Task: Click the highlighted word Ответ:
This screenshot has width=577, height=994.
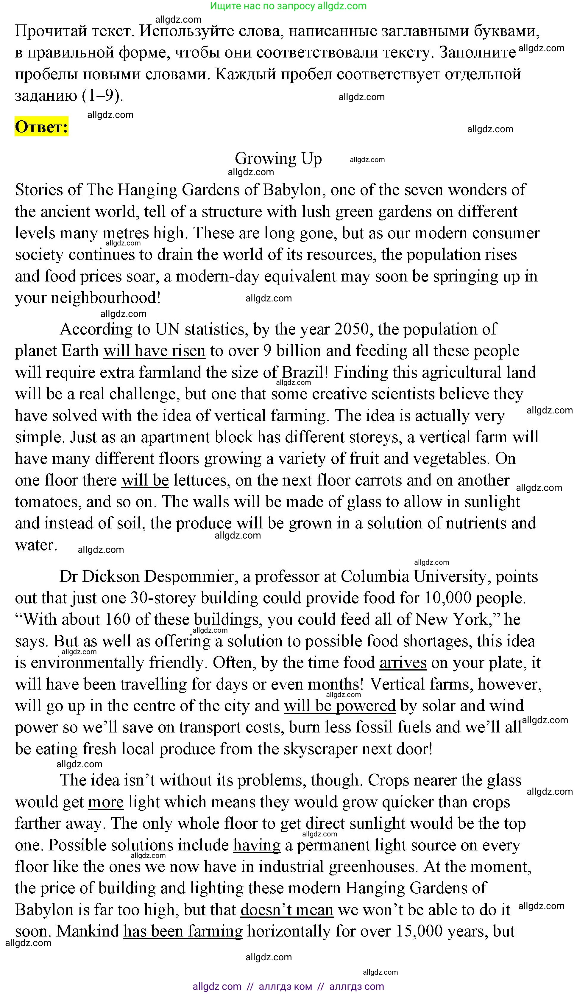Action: tap(41, 127)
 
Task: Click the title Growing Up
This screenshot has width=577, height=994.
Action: tap(278, 158)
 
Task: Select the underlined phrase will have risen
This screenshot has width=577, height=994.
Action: tap(154, 351)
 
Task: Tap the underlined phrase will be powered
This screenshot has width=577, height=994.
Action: tap(339, 706)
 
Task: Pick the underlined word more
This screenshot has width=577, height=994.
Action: tap(106, 802)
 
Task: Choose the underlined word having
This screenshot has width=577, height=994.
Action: tap(257, 845)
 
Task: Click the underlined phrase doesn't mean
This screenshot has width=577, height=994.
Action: tap(287, 910)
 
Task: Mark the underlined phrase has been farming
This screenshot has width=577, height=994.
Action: tap(183, 931)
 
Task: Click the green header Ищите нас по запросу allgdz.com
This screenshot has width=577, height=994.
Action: tap(288, 6)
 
